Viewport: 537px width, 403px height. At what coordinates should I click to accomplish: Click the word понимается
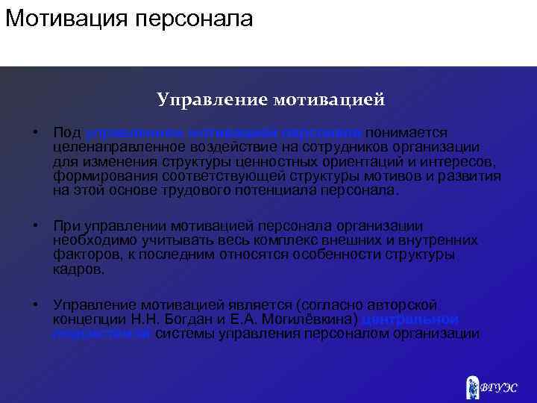click(x=406, y=131)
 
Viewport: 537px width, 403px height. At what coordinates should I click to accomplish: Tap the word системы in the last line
click(x=184, y=334)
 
